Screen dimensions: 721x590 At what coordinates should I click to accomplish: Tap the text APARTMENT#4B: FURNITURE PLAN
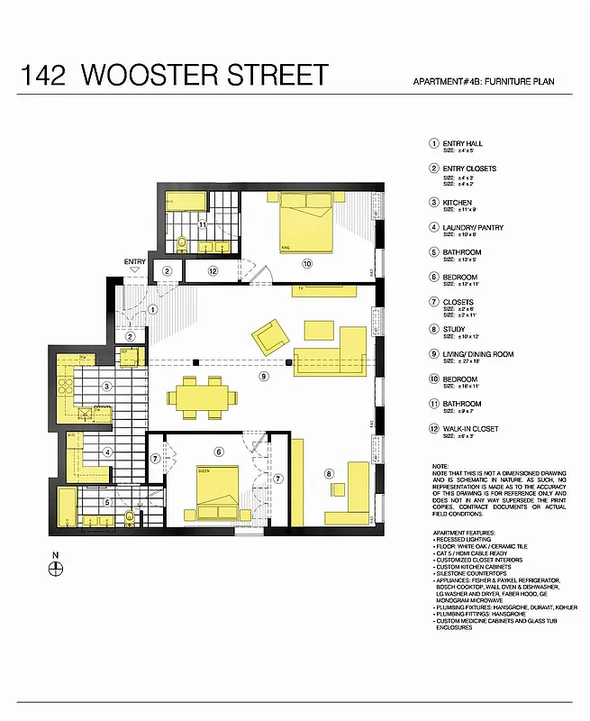coord(483,82)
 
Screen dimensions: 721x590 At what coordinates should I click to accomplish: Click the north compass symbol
coord(56,567)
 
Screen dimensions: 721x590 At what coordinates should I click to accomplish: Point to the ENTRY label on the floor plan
coord(134,262)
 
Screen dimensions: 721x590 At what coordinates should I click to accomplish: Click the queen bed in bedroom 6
coord(217,490)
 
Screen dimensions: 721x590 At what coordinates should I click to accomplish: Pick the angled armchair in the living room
coord(269,337)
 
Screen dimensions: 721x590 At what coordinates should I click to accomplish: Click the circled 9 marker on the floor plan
coord(264,376)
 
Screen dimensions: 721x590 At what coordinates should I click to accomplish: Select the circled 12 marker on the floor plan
coord(213,270)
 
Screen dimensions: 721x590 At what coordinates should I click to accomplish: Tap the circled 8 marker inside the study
coord(330,473)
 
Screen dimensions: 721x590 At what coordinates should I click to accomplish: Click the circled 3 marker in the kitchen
coord(106,387)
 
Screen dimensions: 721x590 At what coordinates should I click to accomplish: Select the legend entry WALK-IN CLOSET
coord(468,429)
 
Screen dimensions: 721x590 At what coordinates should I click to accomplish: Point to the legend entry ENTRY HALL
coord(461,143)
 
